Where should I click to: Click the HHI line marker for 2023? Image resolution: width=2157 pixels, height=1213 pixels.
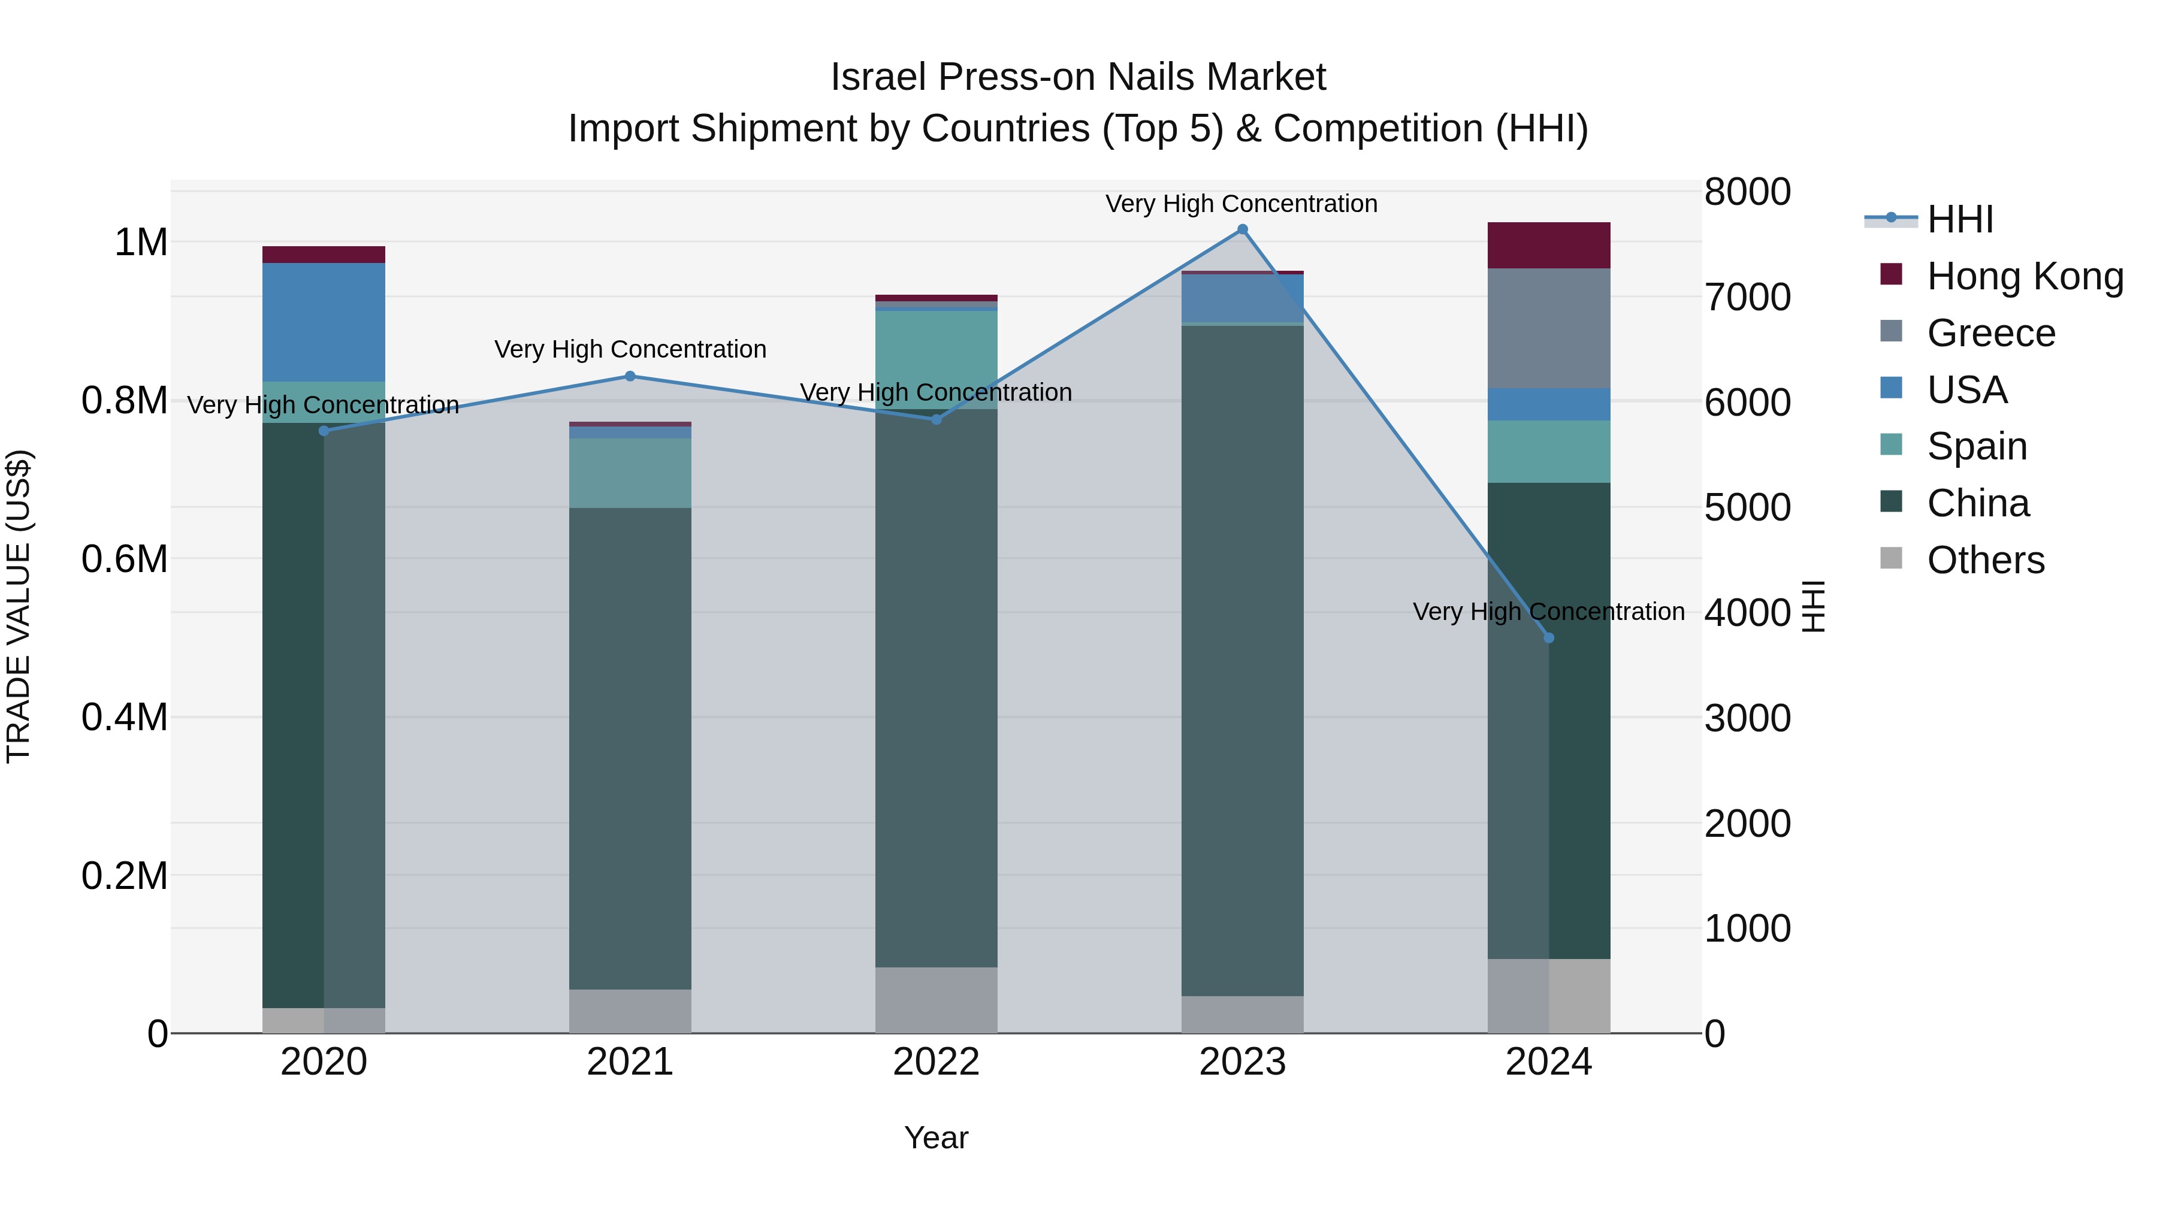click(x=1243, y=229)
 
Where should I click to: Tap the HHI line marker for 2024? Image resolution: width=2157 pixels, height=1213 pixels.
click(x=1549, y=638)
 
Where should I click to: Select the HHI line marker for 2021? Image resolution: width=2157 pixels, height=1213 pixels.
click(x=630, y=376)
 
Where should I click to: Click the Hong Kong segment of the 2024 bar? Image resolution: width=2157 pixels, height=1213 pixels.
click(x=1549, y=245)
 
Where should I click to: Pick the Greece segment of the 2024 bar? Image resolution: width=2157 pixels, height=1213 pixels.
click(x=1549, y=328)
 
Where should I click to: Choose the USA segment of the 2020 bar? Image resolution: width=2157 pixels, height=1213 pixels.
click(x=324, y=322)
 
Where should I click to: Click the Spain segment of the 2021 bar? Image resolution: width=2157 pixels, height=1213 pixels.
click(x=630, y=473)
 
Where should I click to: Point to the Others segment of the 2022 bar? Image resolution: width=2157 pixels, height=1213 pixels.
click(x=936, y=1000)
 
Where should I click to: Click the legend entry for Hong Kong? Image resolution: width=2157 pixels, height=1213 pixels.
click(x=2025, y=276)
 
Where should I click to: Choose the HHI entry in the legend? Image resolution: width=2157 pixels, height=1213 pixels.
click(x=1959, y=219)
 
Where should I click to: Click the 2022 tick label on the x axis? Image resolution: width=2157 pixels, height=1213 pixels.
click(x=936, y=1062)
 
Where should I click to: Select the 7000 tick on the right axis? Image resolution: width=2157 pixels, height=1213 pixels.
click(x=1748, y=297)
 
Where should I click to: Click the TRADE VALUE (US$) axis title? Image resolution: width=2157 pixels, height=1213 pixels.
click(x=19, y=606)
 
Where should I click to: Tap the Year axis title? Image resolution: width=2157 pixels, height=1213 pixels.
click(x=936, y=1138)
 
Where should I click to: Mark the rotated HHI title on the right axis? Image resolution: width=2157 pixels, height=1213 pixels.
click(x=1813, y=606)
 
